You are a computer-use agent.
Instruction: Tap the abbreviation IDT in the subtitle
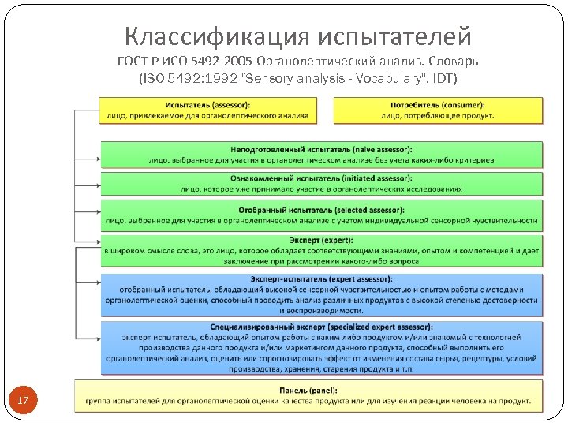click(x=443, y=79)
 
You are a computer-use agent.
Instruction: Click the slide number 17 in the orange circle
click(x=23, y=401)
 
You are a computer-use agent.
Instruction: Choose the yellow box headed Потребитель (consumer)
click(x=438, y=110)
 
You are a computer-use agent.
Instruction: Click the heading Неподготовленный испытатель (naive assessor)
click(x=321, y=150)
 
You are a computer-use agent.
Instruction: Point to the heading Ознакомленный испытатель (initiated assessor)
click(x=321, y=179)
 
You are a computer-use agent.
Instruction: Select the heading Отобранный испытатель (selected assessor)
click(x=321, y=210)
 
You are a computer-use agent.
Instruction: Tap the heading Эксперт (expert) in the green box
click(x=321, y=240)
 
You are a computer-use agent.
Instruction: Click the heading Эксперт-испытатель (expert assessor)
click(x=321, y=279)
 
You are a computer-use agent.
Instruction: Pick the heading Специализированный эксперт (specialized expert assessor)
click(x=321, y=327)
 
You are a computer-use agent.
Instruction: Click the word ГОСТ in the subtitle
click(x=134, y=62)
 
